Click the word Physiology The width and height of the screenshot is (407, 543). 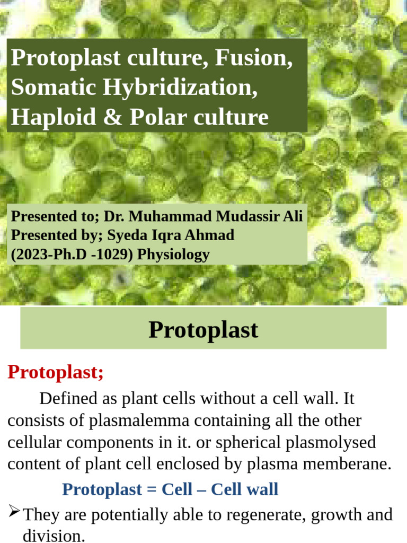click(173, 255)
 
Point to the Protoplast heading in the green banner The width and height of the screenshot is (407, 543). click(203, 329)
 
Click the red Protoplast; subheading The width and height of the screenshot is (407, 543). click(56, 372)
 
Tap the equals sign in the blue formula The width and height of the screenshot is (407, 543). click(148, 489)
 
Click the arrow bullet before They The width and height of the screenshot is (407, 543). click(14, 512)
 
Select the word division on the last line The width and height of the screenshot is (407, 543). click(54, 536)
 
